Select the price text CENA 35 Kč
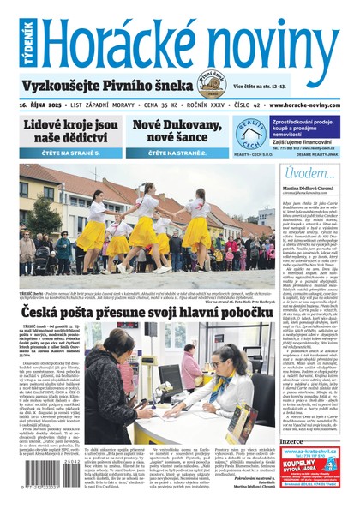point(135,105)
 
